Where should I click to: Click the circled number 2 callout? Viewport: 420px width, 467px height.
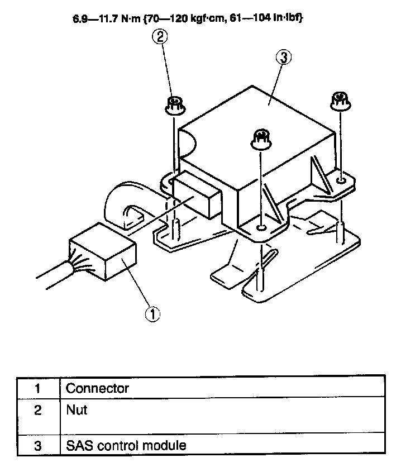coord(161,38)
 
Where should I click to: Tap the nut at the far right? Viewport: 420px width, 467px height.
coord(339,101)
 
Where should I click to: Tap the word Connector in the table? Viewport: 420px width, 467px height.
coord(97,388)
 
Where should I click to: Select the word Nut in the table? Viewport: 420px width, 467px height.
coord(77,410)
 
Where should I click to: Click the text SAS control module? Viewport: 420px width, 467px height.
coord(126,445)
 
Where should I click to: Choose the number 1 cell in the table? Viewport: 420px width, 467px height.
coord(37,388)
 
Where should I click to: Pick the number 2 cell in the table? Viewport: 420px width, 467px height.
coord(37,411)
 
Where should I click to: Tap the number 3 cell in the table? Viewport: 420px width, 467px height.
coord(37,445)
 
